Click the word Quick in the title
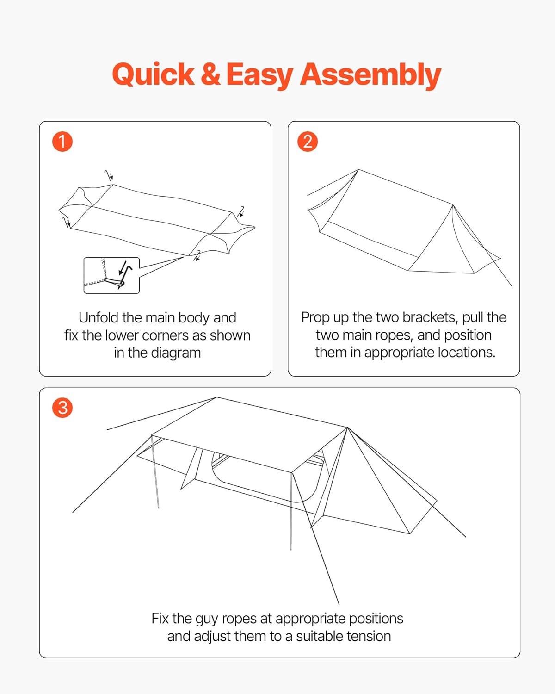[x=153, y=74]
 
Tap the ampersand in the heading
[x=210, y=74]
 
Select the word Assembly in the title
[x=370, y=75]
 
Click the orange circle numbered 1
[x=62, y=142]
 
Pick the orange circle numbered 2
[x=308, y=142]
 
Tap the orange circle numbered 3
[x=62, y=408]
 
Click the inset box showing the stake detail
[x=111, y=275]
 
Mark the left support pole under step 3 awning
[x=155, y=472]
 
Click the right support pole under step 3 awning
[x=291, y=511]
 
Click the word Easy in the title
[x=259, y=75]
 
